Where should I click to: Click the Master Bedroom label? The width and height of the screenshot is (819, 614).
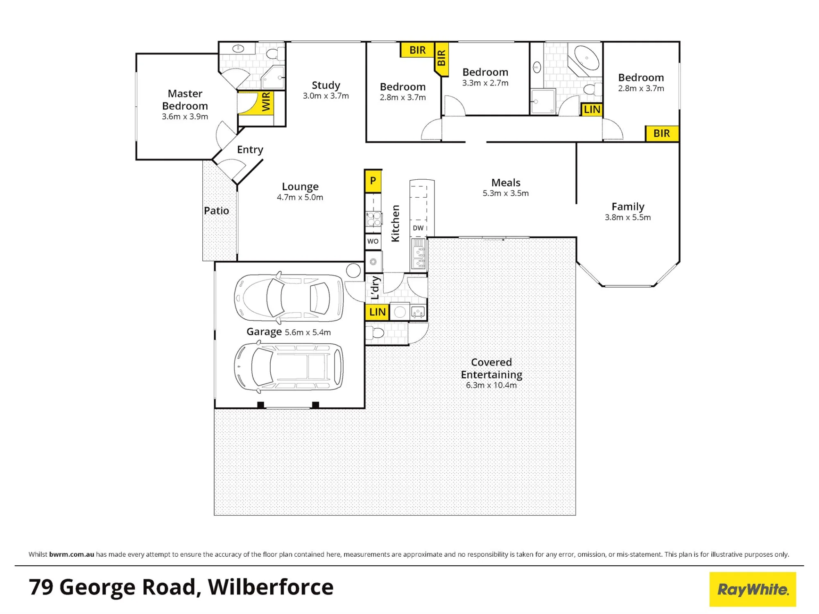(x=185, y=99)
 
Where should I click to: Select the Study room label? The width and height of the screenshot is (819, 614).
(x=326, y=85)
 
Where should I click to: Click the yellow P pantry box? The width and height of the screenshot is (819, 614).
(x=373, y=181)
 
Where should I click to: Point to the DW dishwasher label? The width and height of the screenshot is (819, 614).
(x=418, y=228)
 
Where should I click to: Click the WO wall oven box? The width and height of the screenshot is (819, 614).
(x=373, y=242)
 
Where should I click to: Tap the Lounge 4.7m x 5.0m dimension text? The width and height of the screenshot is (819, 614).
(x=300, y=197)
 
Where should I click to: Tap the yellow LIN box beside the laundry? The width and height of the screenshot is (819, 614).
(x=377, y=312)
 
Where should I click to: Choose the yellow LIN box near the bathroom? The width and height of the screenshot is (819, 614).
(x=592, y=110)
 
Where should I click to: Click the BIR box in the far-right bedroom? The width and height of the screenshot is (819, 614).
(x=662, y=133)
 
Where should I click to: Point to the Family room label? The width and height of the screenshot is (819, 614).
(x=628, y=207)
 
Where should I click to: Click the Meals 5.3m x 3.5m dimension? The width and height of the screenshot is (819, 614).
(x=506, y=193)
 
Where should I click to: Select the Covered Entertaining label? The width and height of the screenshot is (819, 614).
(x=491, y=368)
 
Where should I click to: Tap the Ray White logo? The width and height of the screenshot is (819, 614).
(x=753, y=589)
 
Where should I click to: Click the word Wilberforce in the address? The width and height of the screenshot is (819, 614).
(x=271, y=587)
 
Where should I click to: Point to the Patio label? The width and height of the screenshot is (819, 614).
(x=217, y=211)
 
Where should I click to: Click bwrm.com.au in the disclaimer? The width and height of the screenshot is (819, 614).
(x=72, y=554)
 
